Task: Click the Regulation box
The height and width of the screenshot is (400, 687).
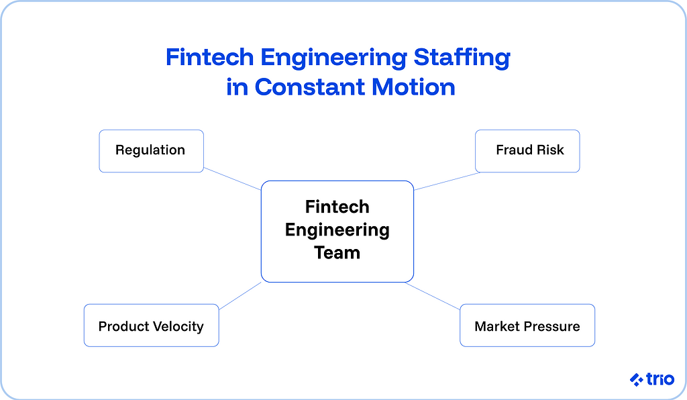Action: [151, 150]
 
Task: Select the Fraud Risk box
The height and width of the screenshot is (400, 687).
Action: [527, 150]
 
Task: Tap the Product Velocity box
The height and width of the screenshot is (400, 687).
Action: [151, 326]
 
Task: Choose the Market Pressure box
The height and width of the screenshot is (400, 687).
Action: [527, 326]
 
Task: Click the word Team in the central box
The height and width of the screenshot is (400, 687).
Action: [337, 253]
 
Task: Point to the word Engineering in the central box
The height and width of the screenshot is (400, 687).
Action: [337, 230]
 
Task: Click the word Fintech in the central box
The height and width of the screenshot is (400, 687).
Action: [337, 207]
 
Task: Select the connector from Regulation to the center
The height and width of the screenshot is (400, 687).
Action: [231, 179]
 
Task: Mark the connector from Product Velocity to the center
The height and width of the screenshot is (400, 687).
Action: [240, 295]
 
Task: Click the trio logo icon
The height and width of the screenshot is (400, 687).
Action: [637, 380]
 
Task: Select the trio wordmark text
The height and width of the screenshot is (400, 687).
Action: [660, 379]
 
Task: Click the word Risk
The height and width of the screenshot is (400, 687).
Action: [550, 150]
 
